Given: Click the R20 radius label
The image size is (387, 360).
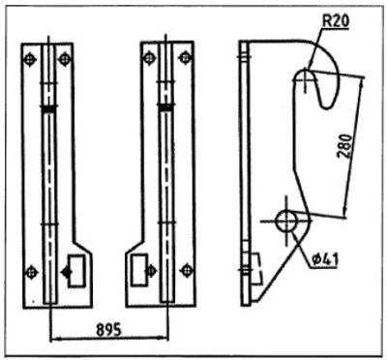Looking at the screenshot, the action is coord(336,21).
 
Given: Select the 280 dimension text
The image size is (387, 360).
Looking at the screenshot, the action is coord(345,146).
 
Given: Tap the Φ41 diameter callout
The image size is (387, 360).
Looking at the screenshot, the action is coord(325,260).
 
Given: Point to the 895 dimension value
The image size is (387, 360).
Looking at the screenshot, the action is coord(109,329).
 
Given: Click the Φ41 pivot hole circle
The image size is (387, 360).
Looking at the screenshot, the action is coord(286,221).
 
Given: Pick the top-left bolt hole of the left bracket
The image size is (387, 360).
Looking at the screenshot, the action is coord(30,59).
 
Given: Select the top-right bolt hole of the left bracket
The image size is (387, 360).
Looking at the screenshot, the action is coord(65,59).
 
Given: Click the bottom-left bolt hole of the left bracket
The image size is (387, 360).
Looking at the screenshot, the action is coord(31,273).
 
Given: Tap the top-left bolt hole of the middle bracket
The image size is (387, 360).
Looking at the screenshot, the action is coord(149,58).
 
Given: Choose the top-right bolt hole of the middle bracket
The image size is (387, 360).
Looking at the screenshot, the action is coord(185,58).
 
